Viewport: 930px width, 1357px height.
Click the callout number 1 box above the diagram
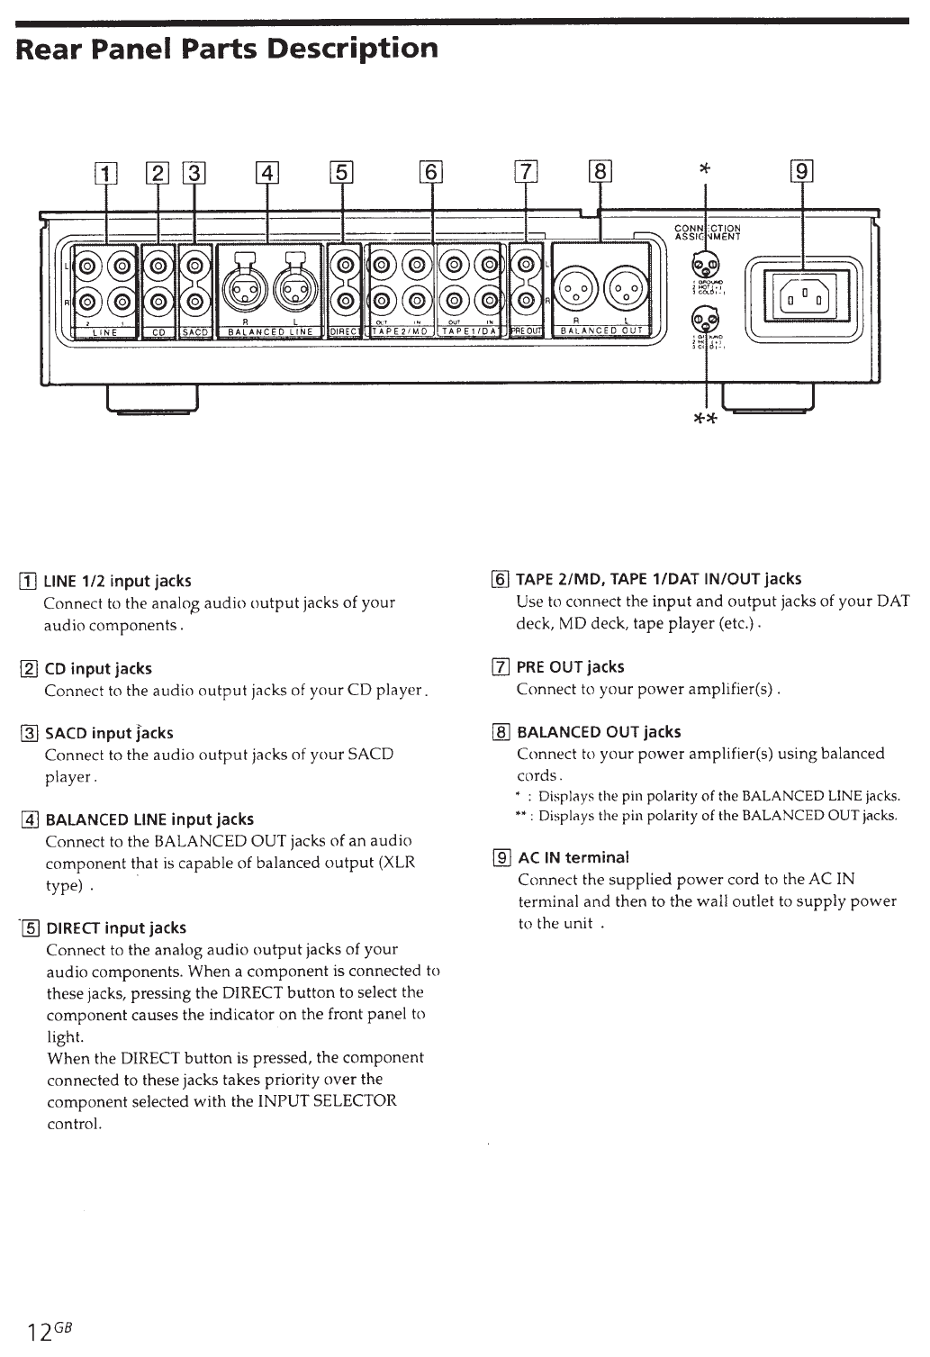click(106, 172)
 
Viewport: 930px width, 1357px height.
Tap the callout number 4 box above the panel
click(267, 172)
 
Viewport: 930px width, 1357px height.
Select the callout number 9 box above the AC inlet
click(801, 172)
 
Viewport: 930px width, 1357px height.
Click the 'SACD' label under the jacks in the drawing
click(195, 332)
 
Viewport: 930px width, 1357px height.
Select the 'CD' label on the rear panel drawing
click(158, 332)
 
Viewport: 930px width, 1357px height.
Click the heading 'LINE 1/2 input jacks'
click(117, 582)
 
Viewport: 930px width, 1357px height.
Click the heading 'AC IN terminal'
click(573, 857)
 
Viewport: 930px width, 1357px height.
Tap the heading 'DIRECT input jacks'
click(116, 928)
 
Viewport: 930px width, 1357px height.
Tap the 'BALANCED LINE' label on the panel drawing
click(270, 332)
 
